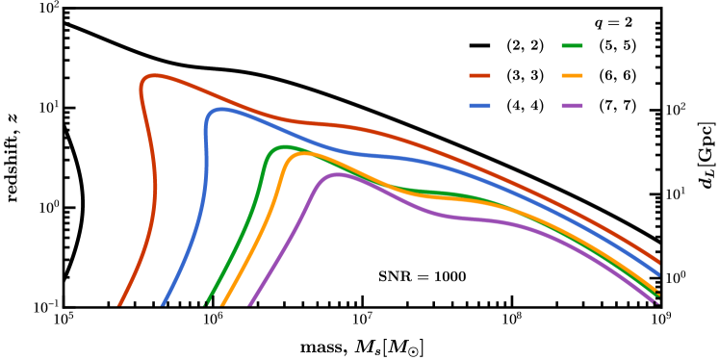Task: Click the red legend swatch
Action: pos(479,75)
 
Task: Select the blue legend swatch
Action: pos(479,106)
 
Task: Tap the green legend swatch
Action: pos(572,45)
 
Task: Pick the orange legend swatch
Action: pos(572,75)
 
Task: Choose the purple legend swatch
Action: pos(572,106)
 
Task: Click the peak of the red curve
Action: pos(154,75)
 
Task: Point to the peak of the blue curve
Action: pos(222,110)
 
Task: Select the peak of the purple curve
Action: pos(337,174)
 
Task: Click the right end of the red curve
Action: pos(658,262)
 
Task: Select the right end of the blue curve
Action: pos(658,275)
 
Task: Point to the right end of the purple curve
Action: pos(657,303)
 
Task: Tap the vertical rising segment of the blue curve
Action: pos(206,154)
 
